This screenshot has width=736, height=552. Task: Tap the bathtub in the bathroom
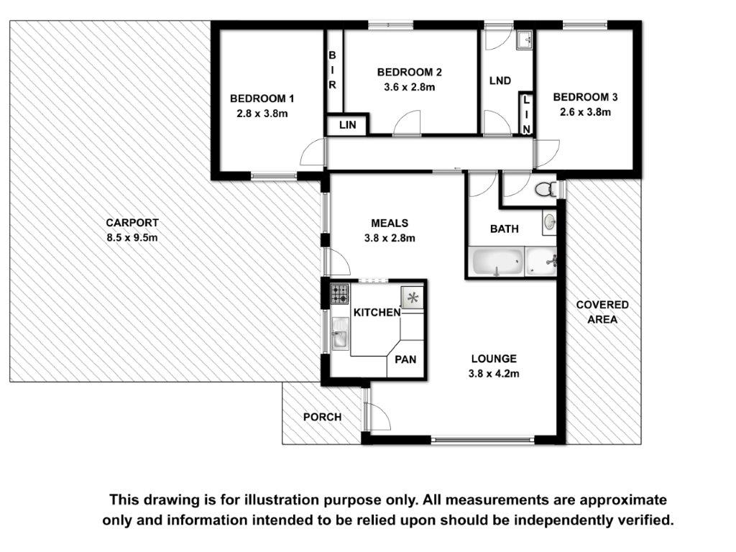(x=497, y=262)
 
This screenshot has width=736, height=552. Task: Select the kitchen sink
(x=340, y=333)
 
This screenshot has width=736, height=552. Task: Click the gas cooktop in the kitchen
(x=340, y=294)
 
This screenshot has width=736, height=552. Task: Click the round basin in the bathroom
(x=549, y=222)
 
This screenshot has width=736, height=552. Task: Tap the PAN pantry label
(x=405, y=359)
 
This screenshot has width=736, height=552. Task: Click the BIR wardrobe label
(x=332, y=70)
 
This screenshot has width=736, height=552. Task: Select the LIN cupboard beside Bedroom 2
(x=347, y=125)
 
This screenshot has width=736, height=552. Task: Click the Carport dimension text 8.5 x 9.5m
(x=132, y=237)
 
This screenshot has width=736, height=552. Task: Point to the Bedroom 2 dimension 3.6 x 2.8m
(x=409, y=87)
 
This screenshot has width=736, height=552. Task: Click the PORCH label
(x=323, y=417)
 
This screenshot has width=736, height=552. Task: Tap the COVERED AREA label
(x=602, y=312)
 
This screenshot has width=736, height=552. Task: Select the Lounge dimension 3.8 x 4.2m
(x=494, y=374)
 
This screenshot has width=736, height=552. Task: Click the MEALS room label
(x=390, y=223)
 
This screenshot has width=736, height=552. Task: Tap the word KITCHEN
(x=377, y=312)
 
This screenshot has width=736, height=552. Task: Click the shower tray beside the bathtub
(x=540, y=262)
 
